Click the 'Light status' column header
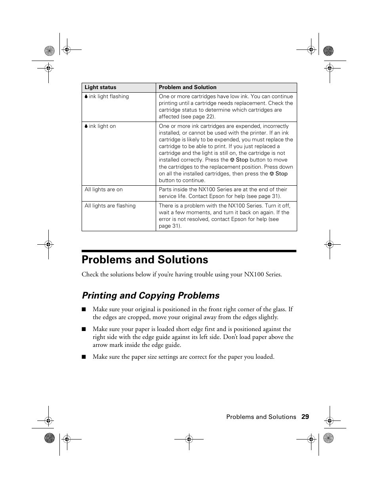(x=101, y=88)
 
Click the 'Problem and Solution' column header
(x=187, y=88)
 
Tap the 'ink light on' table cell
(x=102, y=126)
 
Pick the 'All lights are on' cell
(x=104, y=190)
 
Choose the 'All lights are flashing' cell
(x=110, y=206)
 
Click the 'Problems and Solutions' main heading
(x=145, y=260)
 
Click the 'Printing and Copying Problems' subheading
(x=151, y=296)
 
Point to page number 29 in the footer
(x=305, y=417)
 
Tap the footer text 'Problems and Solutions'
(x=261, y=417)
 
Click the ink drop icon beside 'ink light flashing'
(x=86, y=97)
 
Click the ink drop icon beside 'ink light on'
(x=86, y=126)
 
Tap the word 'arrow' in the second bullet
(x=101, y=345)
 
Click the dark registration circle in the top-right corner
(x=328, y=51)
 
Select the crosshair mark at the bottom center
(x=189, y=439)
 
